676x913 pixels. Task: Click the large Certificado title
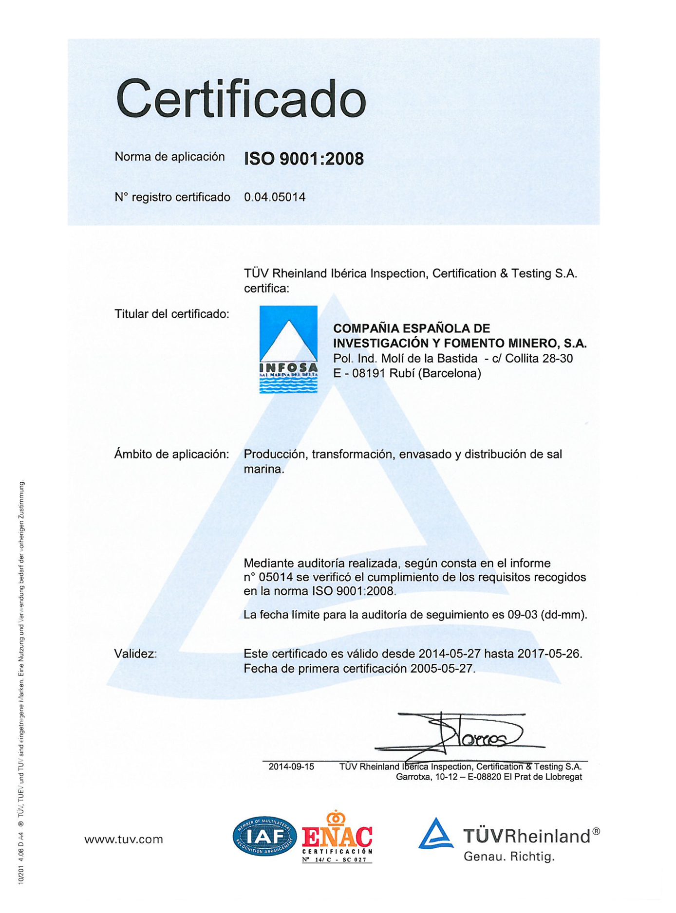pos(241,99)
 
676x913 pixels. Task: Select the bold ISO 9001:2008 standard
pos(303,159)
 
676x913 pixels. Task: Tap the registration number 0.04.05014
pos(275,197)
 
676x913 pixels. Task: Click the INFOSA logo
pos(288,349)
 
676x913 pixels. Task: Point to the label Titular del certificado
pos(171,314)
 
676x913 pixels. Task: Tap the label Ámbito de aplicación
pos(171,454)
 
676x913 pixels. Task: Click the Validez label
pos(135,654)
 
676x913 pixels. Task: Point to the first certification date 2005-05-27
pos(442,669)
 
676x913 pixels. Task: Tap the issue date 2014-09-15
pos(291,767)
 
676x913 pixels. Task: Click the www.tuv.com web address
pos(124,839)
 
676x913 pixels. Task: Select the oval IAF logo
pos(264,836)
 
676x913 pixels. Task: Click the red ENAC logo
pos(337,837)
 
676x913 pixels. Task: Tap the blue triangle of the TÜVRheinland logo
pos(436,834)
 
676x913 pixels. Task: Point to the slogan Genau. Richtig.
pos(509,857)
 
